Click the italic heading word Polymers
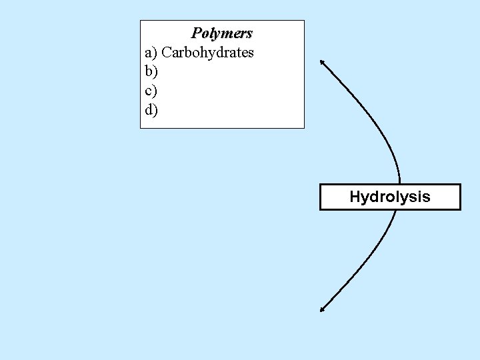click(x=222, y=33)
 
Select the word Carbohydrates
click(x=207, y=52)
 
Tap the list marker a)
click(x=151, y=52)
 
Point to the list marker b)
click(x=151, y=71)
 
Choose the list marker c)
click(x=151, y=90)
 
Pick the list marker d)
click(x=151, y=109)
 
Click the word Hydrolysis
click(x=390, y=197)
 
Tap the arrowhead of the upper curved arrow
click(x=322, y=61)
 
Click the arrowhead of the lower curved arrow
click(x=322, y=309)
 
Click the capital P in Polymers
click(x=197, y=33)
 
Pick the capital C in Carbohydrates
click(x=167, y=52)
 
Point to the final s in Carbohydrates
click(x=250, y=53)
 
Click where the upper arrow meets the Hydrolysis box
click(x=399, y=183)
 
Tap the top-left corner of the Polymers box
click(x=140, y=20)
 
